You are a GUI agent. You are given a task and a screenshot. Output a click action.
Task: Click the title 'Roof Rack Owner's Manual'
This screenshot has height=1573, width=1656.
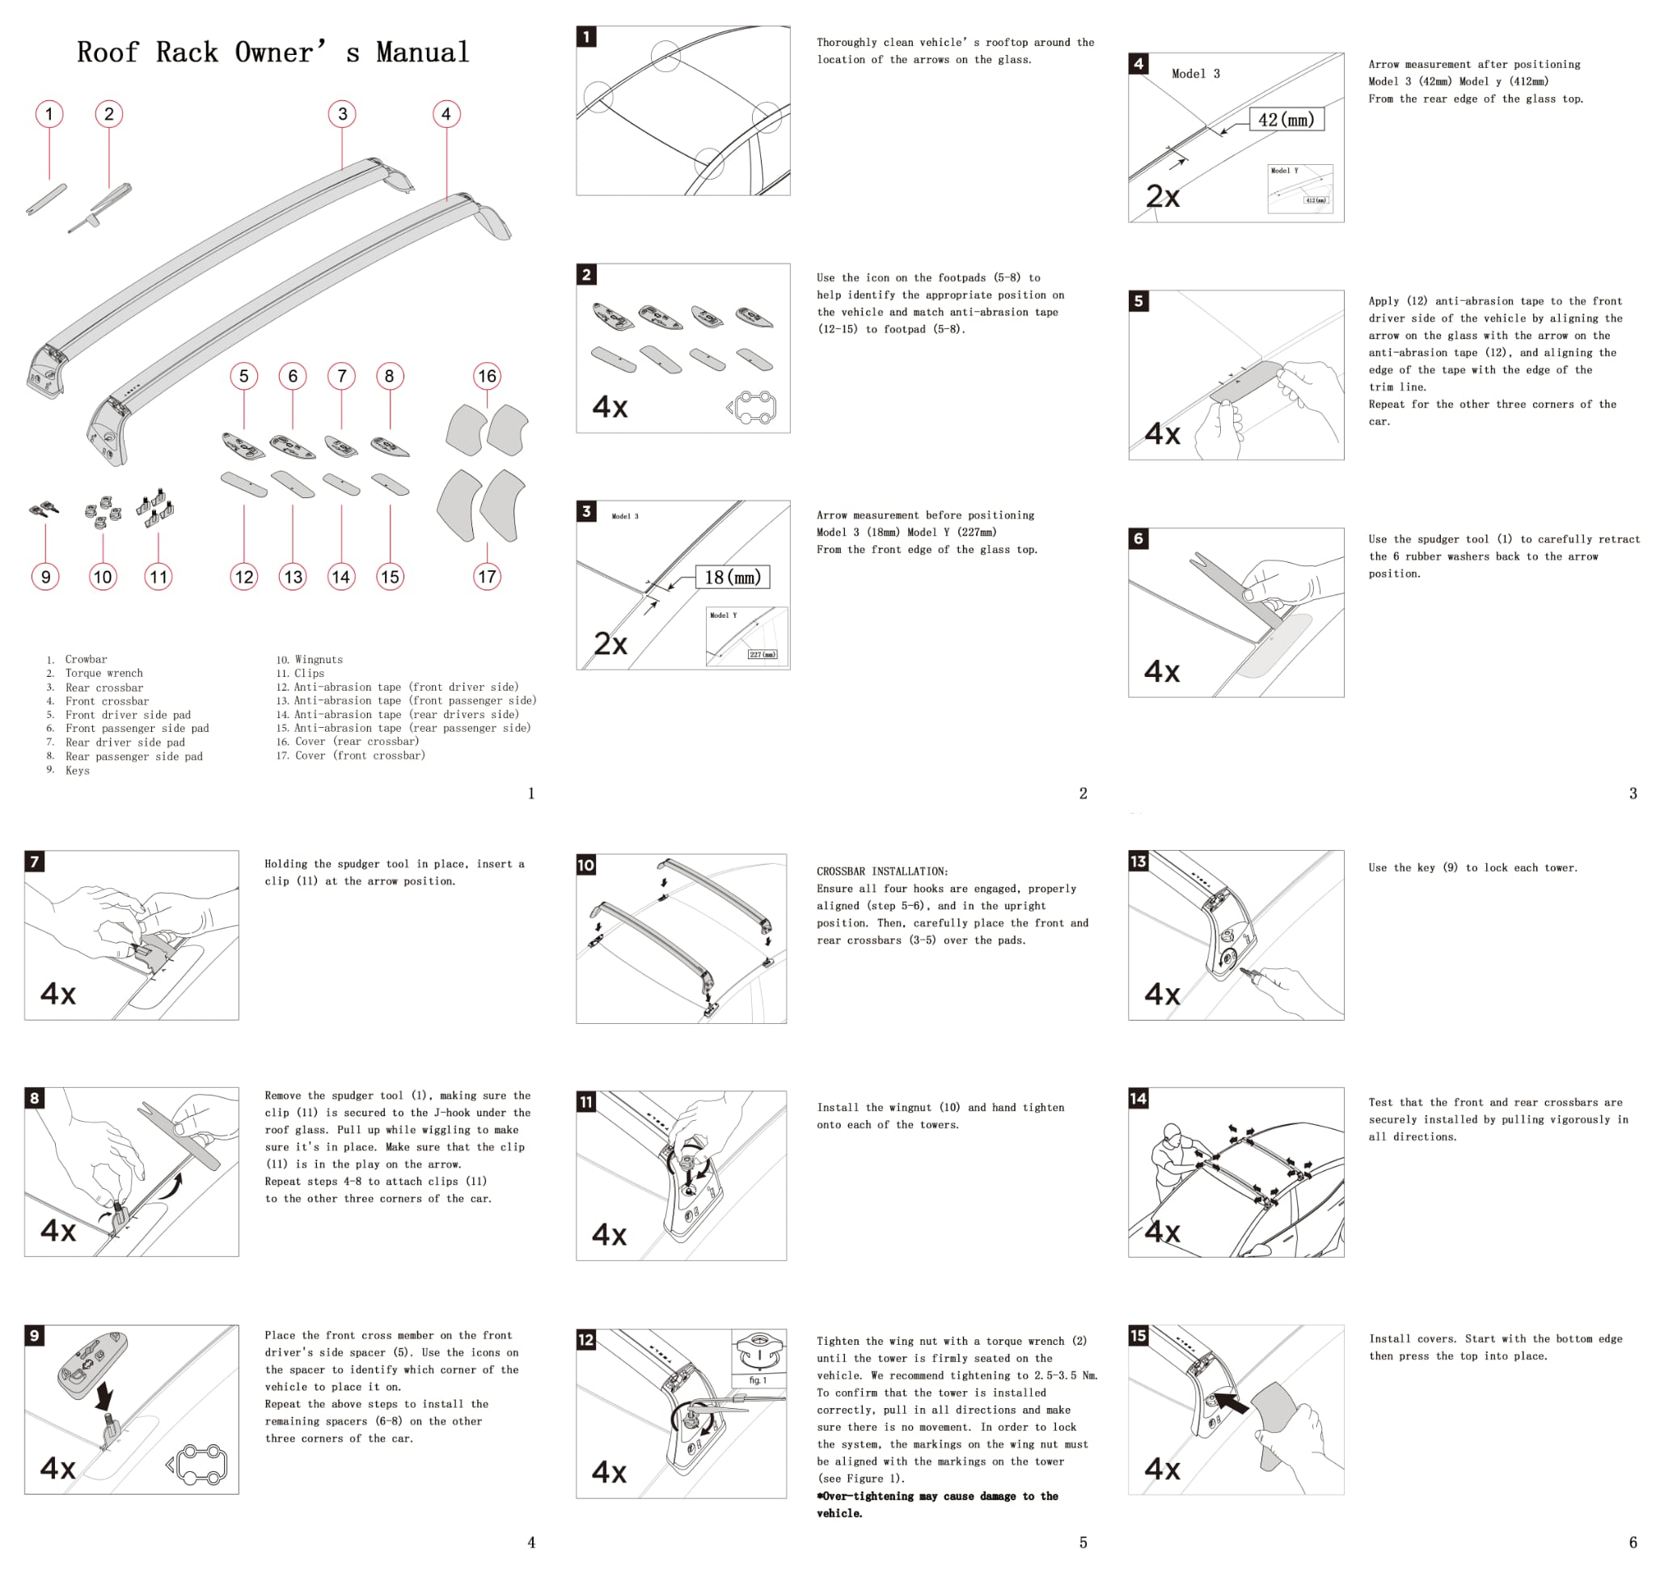pos(272,52)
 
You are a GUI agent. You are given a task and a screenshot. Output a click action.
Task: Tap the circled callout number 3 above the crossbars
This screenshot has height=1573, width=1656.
pos(342,114)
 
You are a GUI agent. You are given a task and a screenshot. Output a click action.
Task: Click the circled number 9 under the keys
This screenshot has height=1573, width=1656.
pos(45,577)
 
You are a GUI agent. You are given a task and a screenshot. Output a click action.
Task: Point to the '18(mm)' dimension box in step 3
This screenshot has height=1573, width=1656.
pos(733,577)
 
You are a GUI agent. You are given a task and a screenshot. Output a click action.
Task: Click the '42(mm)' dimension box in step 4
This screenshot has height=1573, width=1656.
pos(1286,120)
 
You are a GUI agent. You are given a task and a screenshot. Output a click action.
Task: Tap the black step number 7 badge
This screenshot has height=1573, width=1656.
pos(35,861)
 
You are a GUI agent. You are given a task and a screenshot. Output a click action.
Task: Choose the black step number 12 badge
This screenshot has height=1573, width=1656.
pos(586,1339)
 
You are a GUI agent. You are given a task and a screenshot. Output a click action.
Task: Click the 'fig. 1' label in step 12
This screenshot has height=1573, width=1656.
pos(757,1380)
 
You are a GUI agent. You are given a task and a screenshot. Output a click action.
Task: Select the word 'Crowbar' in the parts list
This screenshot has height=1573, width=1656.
pos(87,660)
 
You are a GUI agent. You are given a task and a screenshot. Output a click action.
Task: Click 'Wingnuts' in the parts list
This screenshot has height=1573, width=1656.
pos(319,660)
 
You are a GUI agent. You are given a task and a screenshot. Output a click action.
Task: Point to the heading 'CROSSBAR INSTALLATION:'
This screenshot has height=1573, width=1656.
pos(882,871)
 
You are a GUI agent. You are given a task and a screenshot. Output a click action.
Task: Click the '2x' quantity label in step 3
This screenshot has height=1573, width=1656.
pos(610,644)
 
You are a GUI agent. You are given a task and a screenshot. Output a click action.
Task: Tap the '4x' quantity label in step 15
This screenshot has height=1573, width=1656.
pos(1162,1469)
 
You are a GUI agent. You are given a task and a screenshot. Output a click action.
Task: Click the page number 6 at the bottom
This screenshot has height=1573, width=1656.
pos(1633,1542)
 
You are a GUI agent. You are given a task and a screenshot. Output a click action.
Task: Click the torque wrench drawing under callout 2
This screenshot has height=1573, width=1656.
pos(100,207)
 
